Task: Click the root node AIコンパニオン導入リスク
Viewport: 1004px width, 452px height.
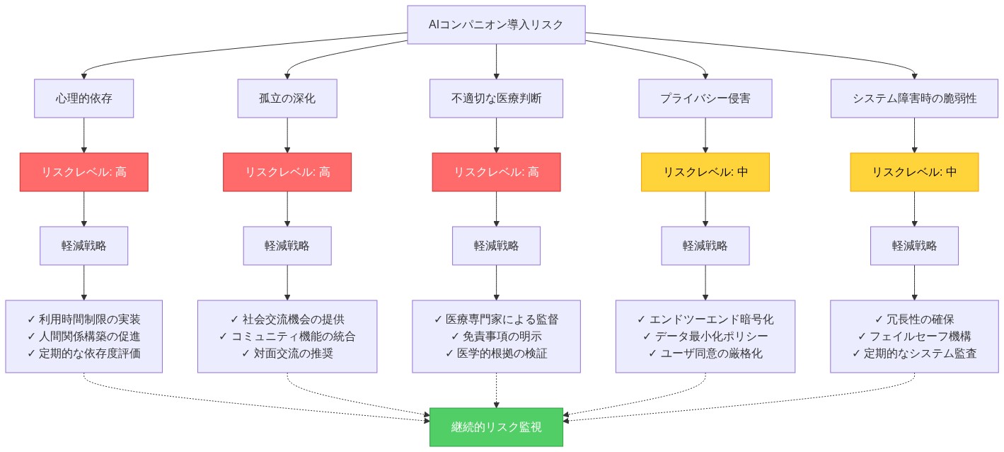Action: click(496, 25)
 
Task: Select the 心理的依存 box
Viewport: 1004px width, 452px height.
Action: click(84, 98)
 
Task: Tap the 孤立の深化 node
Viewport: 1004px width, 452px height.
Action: click(287, 98)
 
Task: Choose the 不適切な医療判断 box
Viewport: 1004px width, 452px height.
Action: click(496, 98)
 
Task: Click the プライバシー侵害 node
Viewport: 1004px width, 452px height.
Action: click(705, 98)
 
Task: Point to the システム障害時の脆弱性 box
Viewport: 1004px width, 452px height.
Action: click(914, 98)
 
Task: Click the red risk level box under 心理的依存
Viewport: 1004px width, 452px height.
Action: click(84, 172)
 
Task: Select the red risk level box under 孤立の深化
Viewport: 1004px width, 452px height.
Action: click(287, 172)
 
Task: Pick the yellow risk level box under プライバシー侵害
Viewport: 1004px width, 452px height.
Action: click(705, 172)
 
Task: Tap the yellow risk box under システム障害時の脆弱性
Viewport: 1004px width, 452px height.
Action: click(914, 172)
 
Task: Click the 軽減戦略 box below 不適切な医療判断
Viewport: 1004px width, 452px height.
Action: click(496, 246)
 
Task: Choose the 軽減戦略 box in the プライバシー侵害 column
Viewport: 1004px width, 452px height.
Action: click(705, 246)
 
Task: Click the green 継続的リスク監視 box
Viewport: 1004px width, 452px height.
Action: click(496, 427)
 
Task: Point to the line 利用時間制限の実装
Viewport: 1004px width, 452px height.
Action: click(84, 320)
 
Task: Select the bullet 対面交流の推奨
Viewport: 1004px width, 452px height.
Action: click(287, 354)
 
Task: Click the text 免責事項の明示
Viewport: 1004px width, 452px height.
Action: click(496, 337)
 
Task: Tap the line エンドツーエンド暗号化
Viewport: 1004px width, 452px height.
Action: click(705, 320)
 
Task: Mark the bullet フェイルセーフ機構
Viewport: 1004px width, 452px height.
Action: click(914, 337)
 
